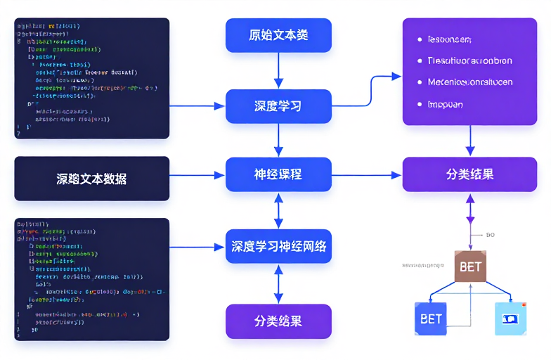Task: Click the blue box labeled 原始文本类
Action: (278, 35)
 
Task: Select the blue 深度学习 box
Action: (278, 106)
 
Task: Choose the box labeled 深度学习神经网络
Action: (278, 246)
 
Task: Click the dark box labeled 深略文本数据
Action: (92, 179)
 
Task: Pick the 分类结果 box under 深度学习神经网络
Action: (278, 321)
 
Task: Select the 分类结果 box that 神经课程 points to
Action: (470, 174)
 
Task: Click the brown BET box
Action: (470, 266)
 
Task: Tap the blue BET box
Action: (431, 319)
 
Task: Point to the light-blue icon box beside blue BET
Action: (510, 319)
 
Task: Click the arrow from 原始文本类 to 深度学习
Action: (278, 70)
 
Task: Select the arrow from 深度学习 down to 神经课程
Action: (278, 141)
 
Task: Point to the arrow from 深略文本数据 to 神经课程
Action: (197, 175)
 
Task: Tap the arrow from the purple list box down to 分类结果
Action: (470, 141)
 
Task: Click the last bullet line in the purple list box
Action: (445, 103)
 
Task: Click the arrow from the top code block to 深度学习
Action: (197, 106)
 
